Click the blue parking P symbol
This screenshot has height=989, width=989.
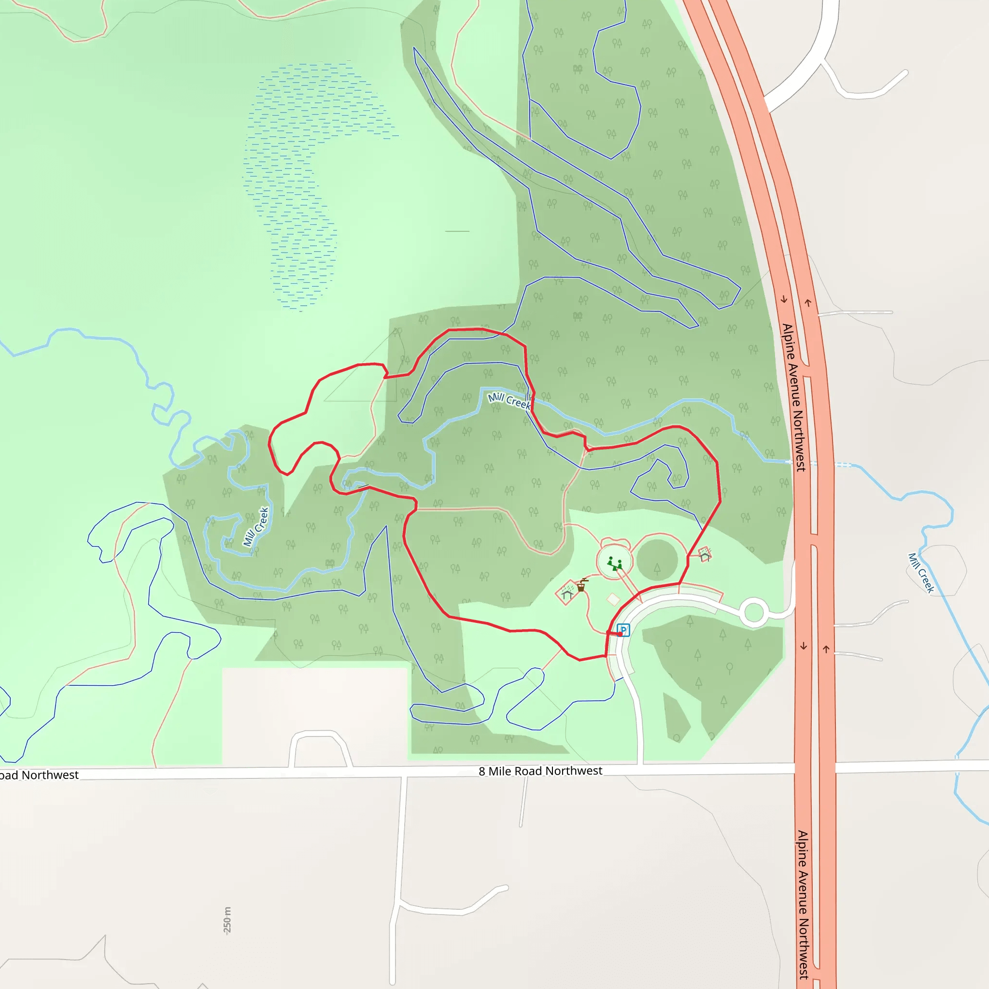623,630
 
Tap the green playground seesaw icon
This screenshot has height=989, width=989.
615,564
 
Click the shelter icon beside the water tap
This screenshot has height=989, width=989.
566,593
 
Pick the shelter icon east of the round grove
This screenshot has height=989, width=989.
706,554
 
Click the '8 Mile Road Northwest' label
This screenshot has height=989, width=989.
540,771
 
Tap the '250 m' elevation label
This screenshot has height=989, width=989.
227,920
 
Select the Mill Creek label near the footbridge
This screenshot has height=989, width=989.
509,401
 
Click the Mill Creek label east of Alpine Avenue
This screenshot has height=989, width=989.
921,573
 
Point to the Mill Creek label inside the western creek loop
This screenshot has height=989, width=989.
256,527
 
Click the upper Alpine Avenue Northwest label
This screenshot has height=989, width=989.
793,397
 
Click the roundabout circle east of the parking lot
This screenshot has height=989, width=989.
753,612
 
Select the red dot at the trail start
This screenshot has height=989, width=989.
620,634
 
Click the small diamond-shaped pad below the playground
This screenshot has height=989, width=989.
613,599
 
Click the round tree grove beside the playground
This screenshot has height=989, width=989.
657,560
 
